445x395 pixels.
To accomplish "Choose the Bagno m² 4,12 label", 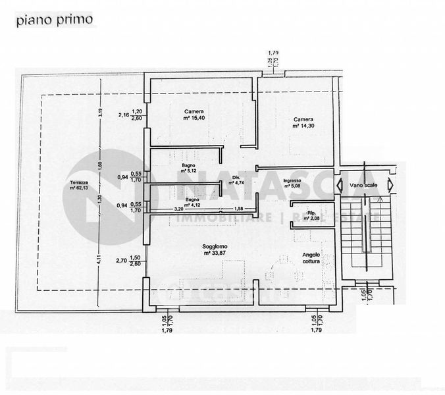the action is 192,201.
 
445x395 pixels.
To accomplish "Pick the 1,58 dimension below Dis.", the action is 238,209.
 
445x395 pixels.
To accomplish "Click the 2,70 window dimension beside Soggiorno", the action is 122,261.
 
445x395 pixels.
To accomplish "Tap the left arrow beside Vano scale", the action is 341,185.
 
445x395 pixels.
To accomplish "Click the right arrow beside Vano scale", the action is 390,185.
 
